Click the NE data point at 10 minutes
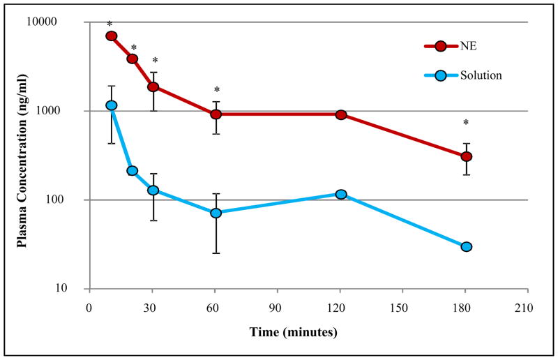111,36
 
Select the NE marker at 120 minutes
341,114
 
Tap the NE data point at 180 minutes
467,156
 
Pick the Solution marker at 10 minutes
111,105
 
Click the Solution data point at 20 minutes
132,170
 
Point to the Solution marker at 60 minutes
216,213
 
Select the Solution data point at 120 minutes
341,194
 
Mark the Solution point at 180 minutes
467,246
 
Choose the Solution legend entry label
481,75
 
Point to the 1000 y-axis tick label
64,111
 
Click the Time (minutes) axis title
294,332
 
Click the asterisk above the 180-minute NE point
467,123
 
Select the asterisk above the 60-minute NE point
217,90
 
